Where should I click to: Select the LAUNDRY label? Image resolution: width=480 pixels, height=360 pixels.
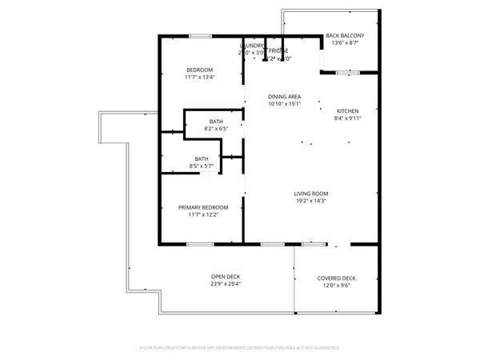(x=254, y=46)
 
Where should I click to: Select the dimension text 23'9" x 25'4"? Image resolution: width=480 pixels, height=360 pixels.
(x=226, y=283)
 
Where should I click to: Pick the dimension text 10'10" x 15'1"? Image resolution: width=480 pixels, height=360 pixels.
(x=284, y=103)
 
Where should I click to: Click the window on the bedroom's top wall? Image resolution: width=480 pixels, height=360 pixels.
(x=200, y=35)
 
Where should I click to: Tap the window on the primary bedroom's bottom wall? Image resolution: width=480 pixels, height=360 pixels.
(x=200, y=243)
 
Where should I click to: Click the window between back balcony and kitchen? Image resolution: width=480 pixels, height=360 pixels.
(x=347, y=73)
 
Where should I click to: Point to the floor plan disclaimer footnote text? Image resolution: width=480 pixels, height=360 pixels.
(x=240, y=347)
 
